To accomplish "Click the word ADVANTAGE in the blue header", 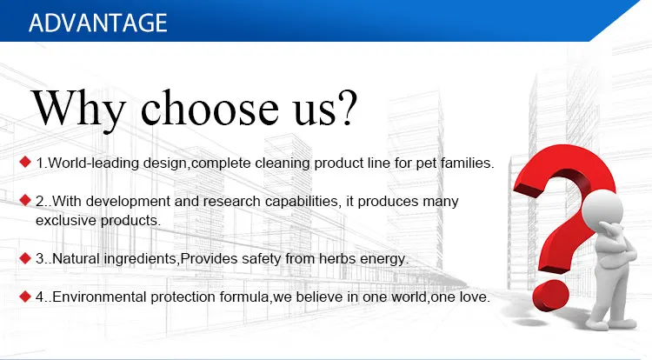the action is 98,23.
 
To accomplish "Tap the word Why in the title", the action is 78,109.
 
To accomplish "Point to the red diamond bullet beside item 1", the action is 25,162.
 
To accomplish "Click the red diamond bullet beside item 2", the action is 25,200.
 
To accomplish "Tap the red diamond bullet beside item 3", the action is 25,257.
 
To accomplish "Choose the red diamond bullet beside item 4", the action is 25,296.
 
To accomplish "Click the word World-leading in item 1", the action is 94,163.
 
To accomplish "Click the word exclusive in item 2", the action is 66,220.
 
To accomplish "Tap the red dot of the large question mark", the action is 550,296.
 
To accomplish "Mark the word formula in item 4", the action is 244,297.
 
